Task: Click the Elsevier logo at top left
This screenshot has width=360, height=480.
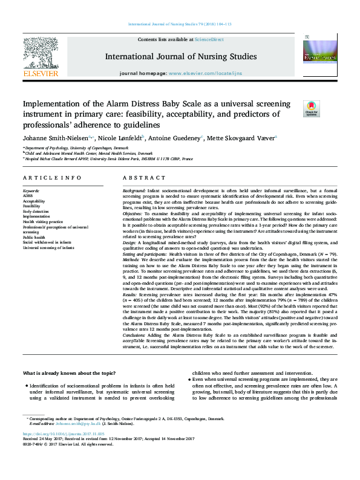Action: click(40, 58)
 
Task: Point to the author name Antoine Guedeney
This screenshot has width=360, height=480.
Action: click(174, 138)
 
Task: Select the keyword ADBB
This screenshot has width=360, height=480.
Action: click(28, 195)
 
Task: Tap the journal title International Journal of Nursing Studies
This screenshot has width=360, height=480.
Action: click(180, 57)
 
